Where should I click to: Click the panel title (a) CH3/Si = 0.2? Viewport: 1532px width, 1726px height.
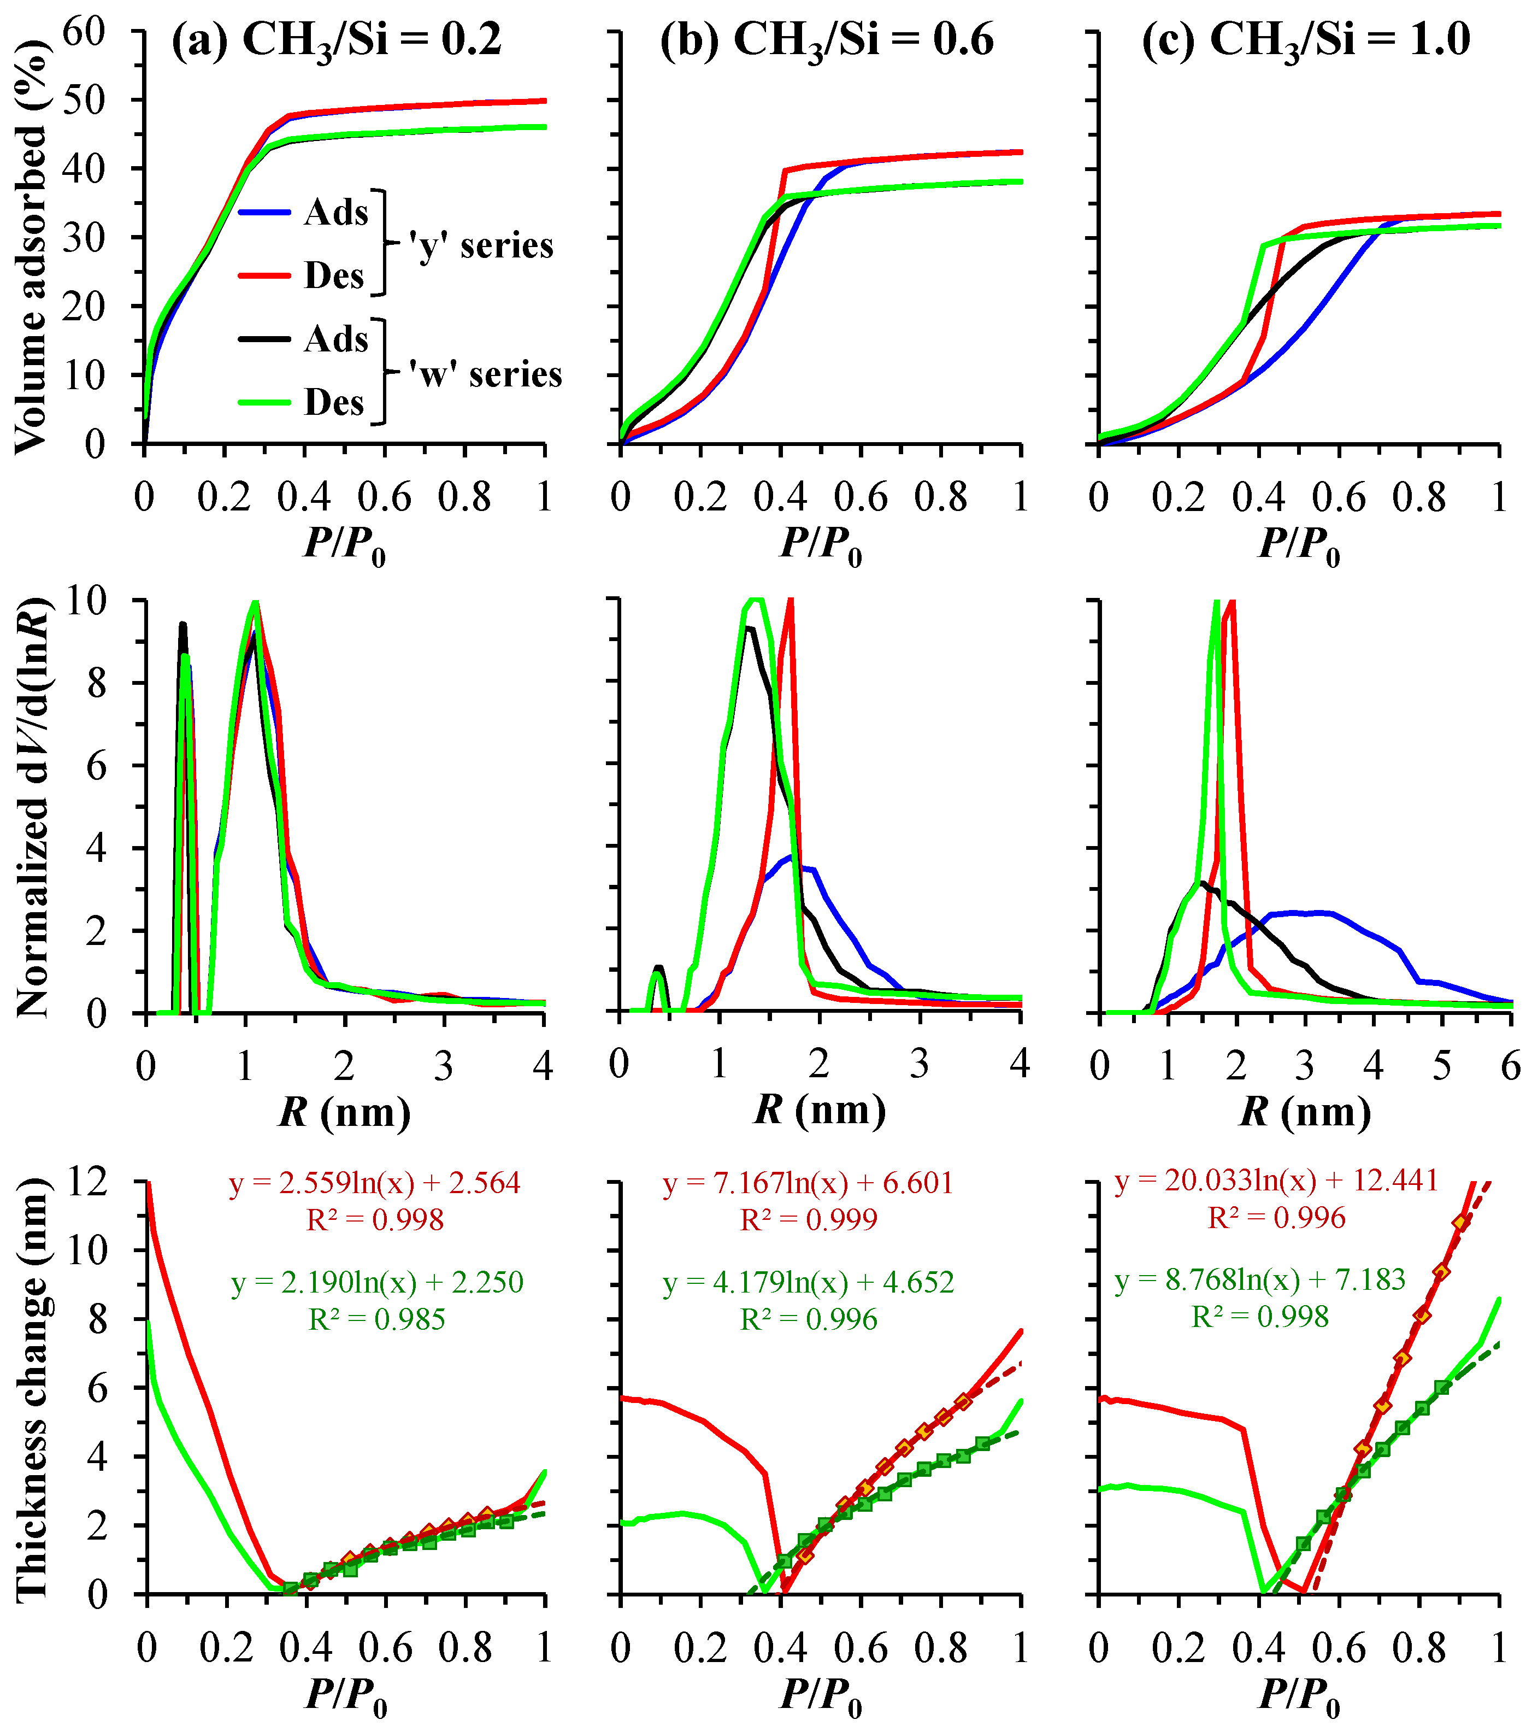click(x=336, y=40)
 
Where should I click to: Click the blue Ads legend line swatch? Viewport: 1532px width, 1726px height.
click(x=264, y=213)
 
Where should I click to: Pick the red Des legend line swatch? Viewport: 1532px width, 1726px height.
click(x=264, y=276)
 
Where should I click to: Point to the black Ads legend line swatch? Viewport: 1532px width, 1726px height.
click(x=264, y=339)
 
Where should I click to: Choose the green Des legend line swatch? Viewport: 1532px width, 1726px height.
click(x=264, y=403)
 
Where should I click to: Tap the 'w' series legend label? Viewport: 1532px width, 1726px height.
click(x=485, y=374)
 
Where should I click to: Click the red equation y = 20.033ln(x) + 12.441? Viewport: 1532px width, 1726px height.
click(x=1276, y=1181)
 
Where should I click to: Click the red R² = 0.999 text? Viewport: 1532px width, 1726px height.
click(x=809, y=1219)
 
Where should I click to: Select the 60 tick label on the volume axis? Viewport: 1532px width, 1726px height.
click(x=84, y=32)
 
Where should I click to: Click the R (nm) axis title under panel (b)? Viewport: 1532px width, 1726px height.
click(x=820, y=1111)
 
